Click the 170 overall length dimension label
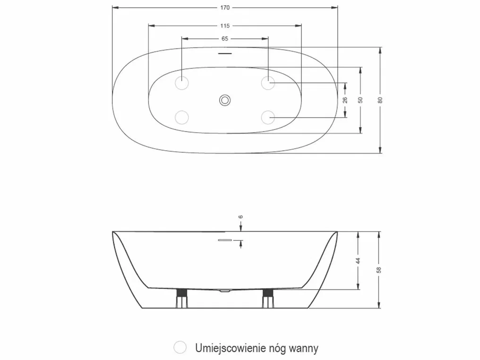tap(225, 8)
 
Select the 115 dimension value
tap(225, 26)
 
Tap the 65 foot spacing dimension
tap(225, 39)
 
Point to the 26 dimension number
tap(345, 100)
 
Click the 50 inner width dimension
tap(360, 100)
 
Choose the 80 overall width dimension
tap(380, 100)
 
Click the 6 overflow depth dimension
tap(241, 217)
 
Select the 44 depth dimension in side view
tap(358, 261)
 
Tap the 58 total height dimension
tap(379, 270)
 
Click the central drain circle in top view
tap(225, 100)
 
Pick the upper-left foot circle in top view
tap(181, 83)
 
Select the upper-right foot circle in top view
tap(268, 83)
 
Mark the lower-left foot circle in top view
tap(181, 117)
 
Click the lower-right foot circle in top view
tap(268, 117)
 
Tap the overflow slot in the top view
tap(225, 53)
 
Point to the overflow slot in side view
tap(225, 240)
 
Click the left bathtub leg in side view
tap(181, 298)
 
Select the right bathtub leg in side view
tap(268, 298)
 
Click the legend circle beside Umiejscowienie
tap(180, 347)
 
